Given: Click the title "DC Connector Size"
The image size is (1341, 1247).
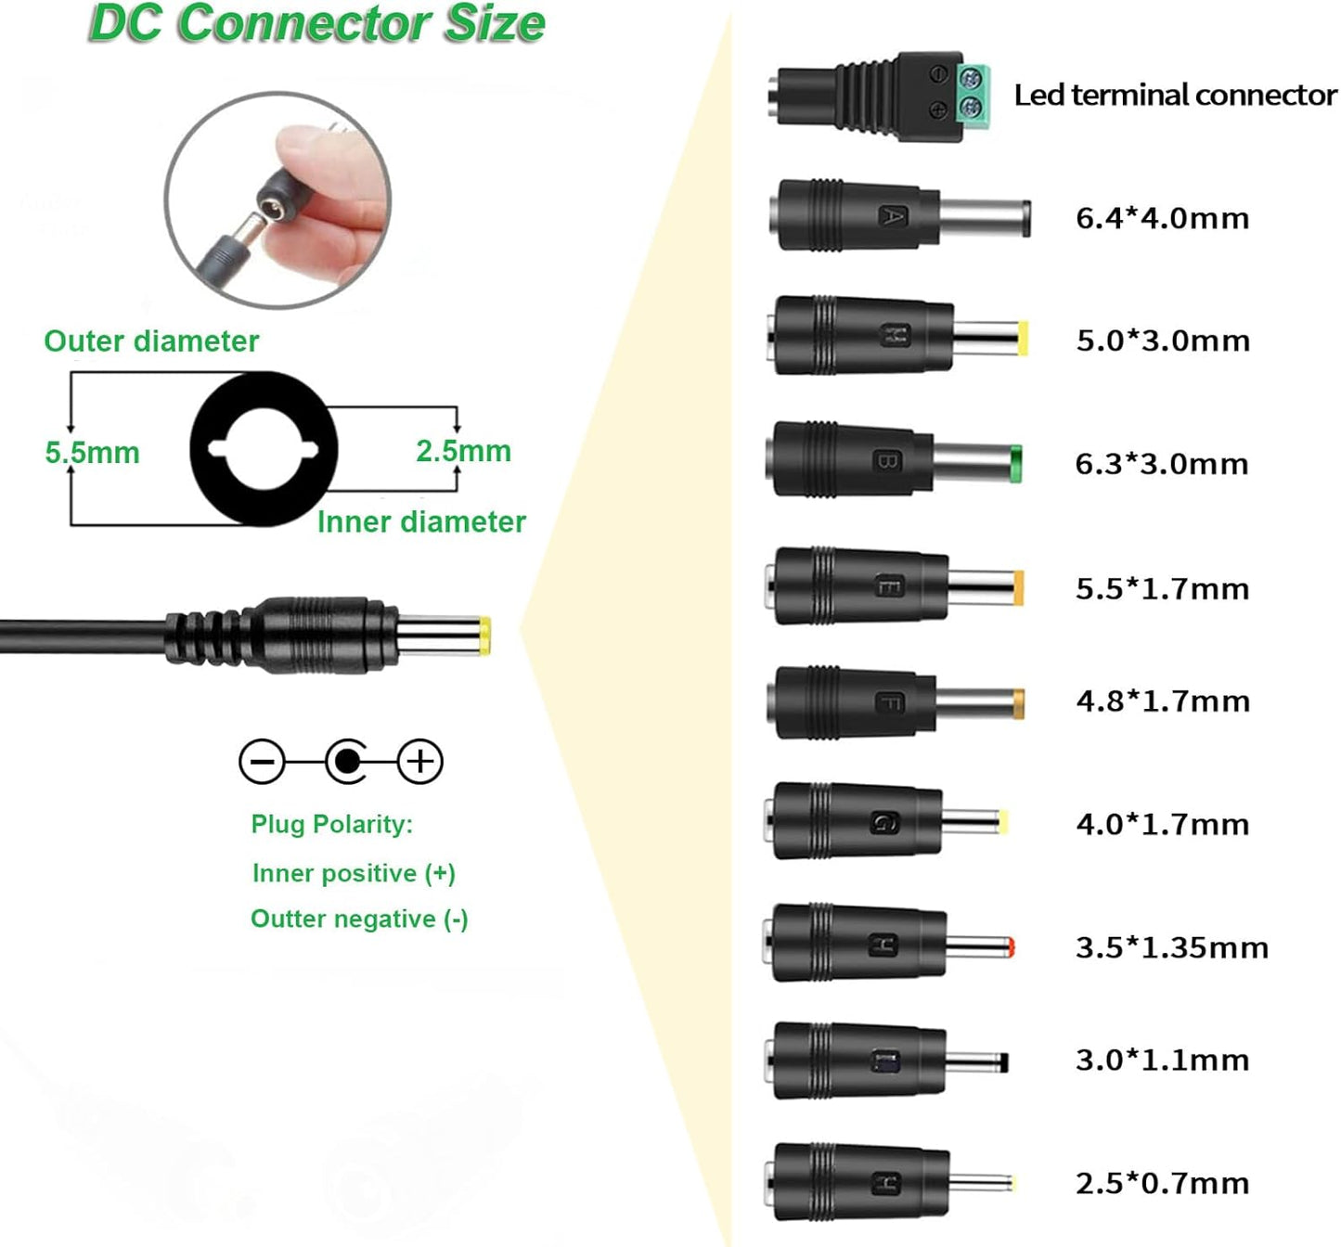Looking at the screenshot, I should pyautogui.click(x=316, y=24).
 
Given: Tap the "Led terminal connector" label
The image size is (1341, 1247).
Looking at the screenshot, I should pyautogui.click(x=1175, y=95).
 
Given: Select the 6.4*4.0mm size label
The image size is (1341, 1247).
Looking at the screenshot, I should pyautogui.click(x=1162, y=218).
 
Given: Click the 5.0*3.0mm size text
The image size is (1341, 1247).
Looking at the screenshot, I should pyautogui.click(x=1163, y=341).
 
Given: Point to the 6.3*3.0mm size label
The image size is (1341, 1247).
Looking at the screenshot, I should pyautogui.click(x=1162, y=464).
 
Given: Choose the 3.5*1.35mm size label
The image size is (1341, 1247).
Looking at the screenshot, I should pyautogui.click(x=1171, y=947).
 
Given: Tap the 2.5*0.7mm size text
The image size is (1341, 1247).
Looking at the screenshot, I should pyautogui.click(x=1162, y=1183).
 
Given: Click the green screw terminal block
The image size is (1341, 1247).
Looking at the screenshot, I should pyautogui.click(x=972, y=93).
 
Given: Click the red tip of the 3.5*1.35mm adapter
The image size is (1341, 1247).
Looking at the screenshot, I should pyautogui.click(x=1010, y=947).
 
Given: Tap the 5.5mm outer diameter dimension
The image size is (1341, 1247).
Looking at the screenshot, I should pyautogui.click(x=92, y=453).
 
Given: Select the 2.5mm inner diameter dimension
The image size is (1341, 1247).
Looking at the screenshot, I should pyautogui.click(x=463, y=451).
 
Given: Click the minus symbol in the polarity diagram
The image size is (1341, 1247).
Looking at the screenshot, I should pyautogui.click(x=262, y=762).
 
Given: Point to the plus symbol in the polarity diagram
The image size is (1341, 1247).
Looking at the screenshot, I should pyautogui.click(x=420, y=762).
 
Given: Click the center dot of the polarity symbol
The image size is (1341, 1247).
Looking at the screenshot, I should pyautogui.click(x=346, y=762).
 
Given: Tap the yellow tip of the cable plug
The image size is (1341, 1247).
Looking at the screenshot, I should pyautogui.click(x=484, y=636).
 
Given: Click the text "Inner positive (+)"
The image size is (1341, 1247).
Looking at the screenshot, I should pyautogui.click(x=354, y=873).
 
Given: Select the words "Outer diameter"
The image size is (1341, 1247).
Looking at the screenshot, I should pyautogui.click(x=151, y=341).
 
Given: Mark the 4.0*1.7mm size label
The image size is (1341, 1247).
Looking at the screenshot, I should pyautogui.click(x=1162, y=824).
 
